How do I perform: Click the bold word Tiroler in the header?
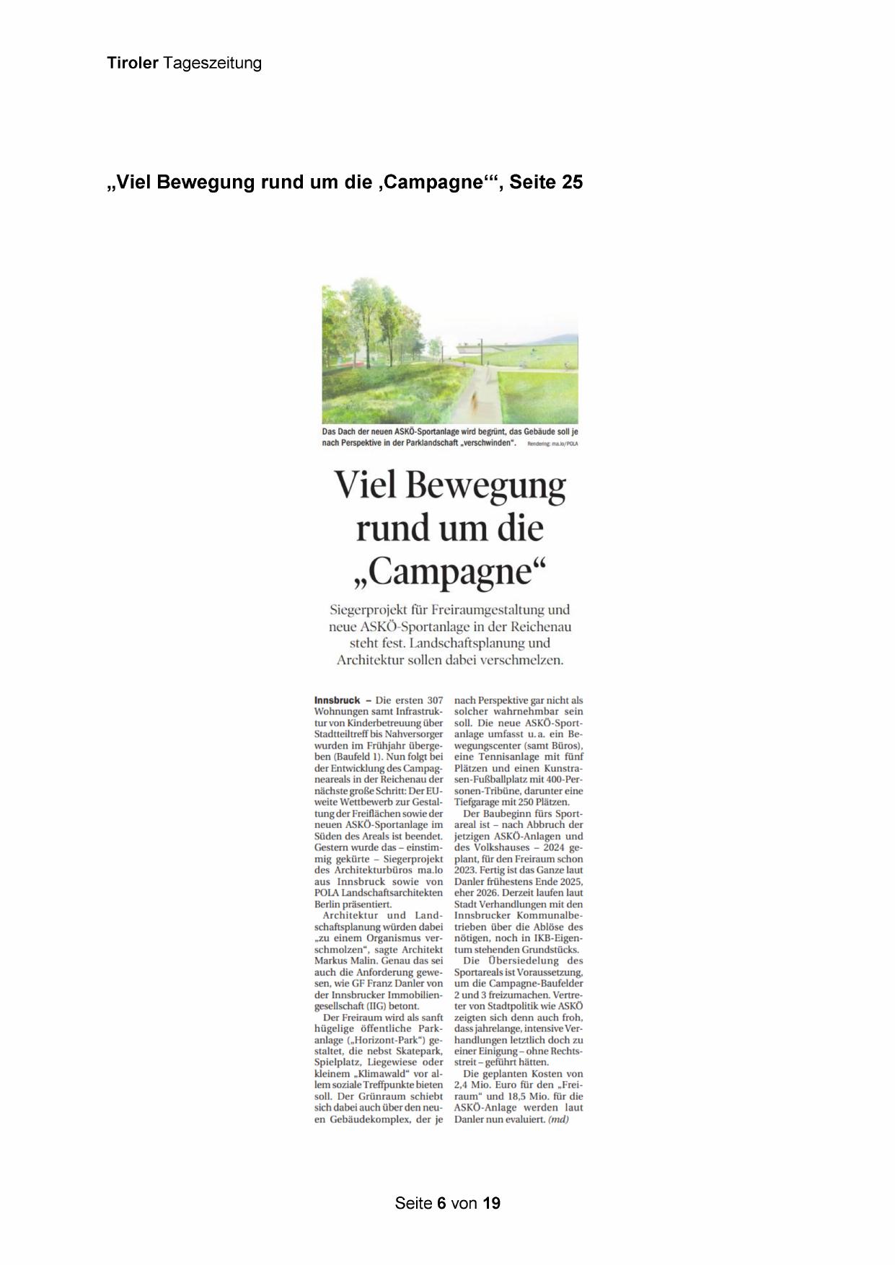[133, 63]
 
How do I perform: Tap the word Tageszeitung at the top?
[212, 63]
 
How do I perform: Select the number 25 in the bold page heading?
[572, 182]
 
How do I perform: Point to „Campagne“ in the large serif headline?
[449, 573]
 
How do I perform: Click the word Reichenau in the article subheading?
[536, 627]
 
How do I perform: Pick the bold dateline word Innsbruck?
[337, 700]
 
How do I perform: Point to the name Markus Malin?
[343, 961]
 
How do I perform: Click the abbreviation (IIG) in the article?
[405, 1005]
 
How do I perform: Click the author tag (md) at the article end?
[559, 1119]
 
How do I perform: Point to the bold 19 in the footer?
[492, 1203]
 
